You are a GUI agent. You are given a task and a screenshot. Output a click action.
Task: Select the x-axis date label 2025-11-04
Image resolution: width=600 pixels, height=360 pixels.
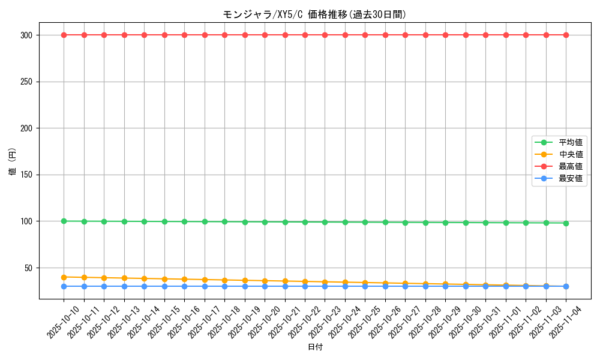pos(566,322)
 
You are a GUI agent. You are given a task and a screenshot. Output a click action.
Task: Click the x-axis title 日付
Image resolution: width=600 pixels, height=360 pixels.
pos(315,347)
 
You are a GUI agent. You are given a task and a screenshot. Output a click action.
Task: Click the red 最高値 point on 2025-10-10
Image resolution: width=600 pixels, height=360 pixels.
pos(64,35)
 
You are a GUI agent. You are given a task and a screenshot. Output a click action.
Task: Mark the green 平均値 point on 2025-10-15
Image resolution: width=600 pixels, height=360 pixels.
pos(164,221)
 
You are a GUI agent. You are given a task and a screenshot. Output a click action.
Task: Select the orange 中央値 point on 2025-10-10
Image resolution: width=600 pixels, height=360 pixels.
pos(64,277)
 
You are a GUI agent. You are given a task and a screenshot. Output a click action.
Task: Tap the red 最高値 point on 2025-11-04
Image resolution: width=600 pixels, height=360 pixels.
pos(566,35)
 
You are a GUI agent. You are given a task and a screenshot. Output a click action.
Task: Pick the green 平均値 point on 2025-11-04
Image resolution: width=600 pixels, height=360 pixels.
pos(566,223)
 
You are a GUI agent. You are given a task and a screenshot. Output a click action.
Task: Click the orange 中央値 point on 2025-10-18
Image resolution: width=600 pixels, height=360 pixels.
pos(224,280)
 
